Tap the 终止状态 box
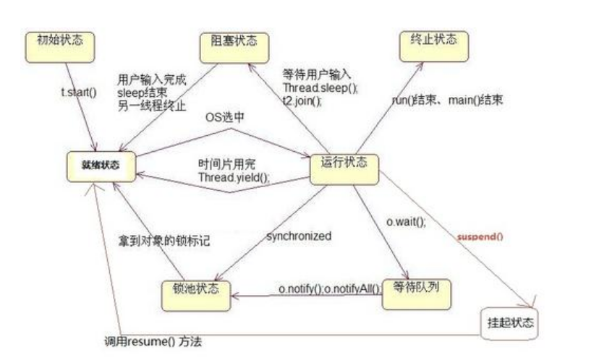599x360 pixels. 433,40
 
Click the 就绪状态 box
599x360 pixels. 102,165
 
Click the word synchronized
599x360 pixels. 299,236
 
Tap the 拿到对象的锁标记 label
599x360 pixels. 165,239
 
